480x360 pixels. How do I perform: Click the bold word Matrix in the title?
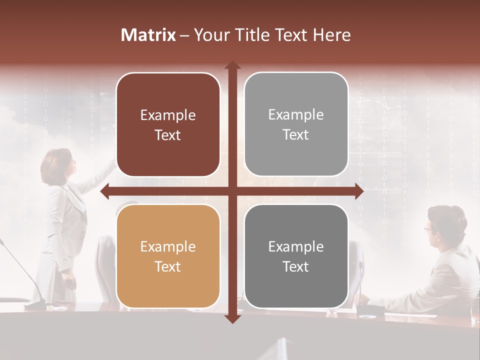click(148, 35)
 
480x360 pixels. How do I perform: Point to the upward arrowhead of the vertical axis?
click(232, 65)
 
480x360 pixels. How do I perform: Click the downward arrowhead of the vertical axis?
click(232, 318)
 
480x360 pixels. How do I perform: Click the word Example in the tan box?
click(168, 246)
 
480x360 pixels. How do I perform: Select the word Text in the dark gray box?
click(296, 266)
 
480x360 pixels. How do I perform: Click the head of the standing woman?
click(58, 165)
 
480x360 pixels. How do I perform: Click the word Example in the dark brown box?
click(168, 115)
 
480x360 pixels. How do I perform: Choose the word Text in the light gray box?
click(296, 134)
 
